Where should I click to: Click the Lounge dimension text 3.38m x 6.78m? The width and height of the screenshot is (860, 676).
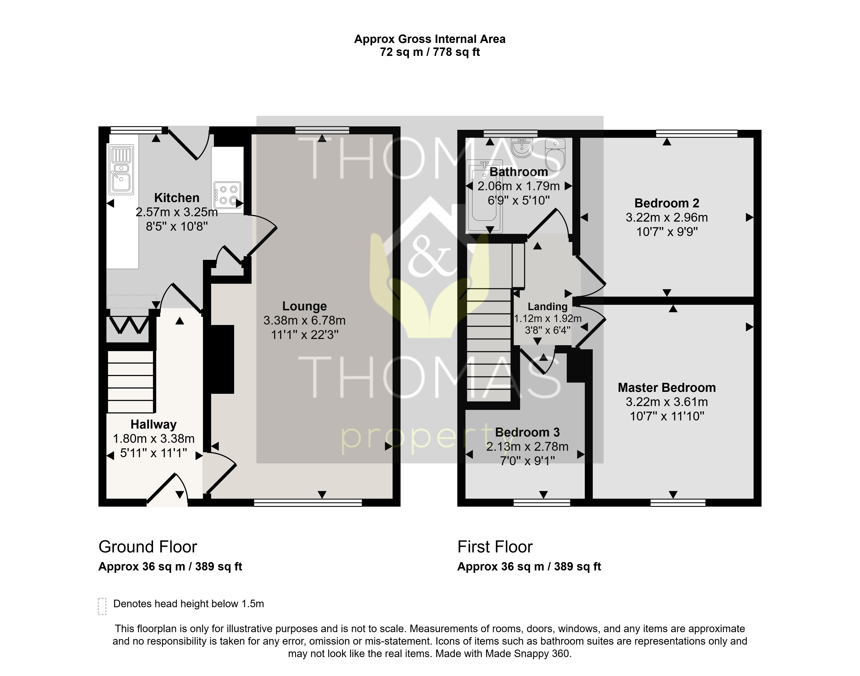click(x=304, y=320)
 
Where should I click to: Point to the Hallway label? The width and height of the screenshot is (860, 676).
click(x=154, y=424)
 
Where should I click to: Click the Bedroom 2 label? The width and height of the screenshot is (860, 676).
click(x=667, y=203)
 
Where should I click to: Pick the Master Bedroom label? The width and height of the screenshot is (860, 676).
click(x=667, y=388)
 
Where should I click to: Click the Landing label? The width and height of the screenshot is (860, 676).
click(x=548, y=307)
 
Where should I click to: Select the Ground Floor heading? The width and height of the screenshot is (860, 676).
click(x=148, y=547)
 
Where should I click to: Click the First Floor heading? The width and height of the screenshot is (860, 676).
click(x=495, y=547)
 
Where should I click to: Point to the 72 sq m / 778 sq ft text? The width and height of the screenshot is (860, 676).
click(x=430, y=52)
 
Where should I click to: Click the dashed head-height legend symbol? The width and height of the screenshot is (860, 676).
click(x=102, y=606)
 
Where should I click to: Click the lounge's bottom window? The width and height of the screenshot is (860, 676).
click(x=308, y=503)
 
